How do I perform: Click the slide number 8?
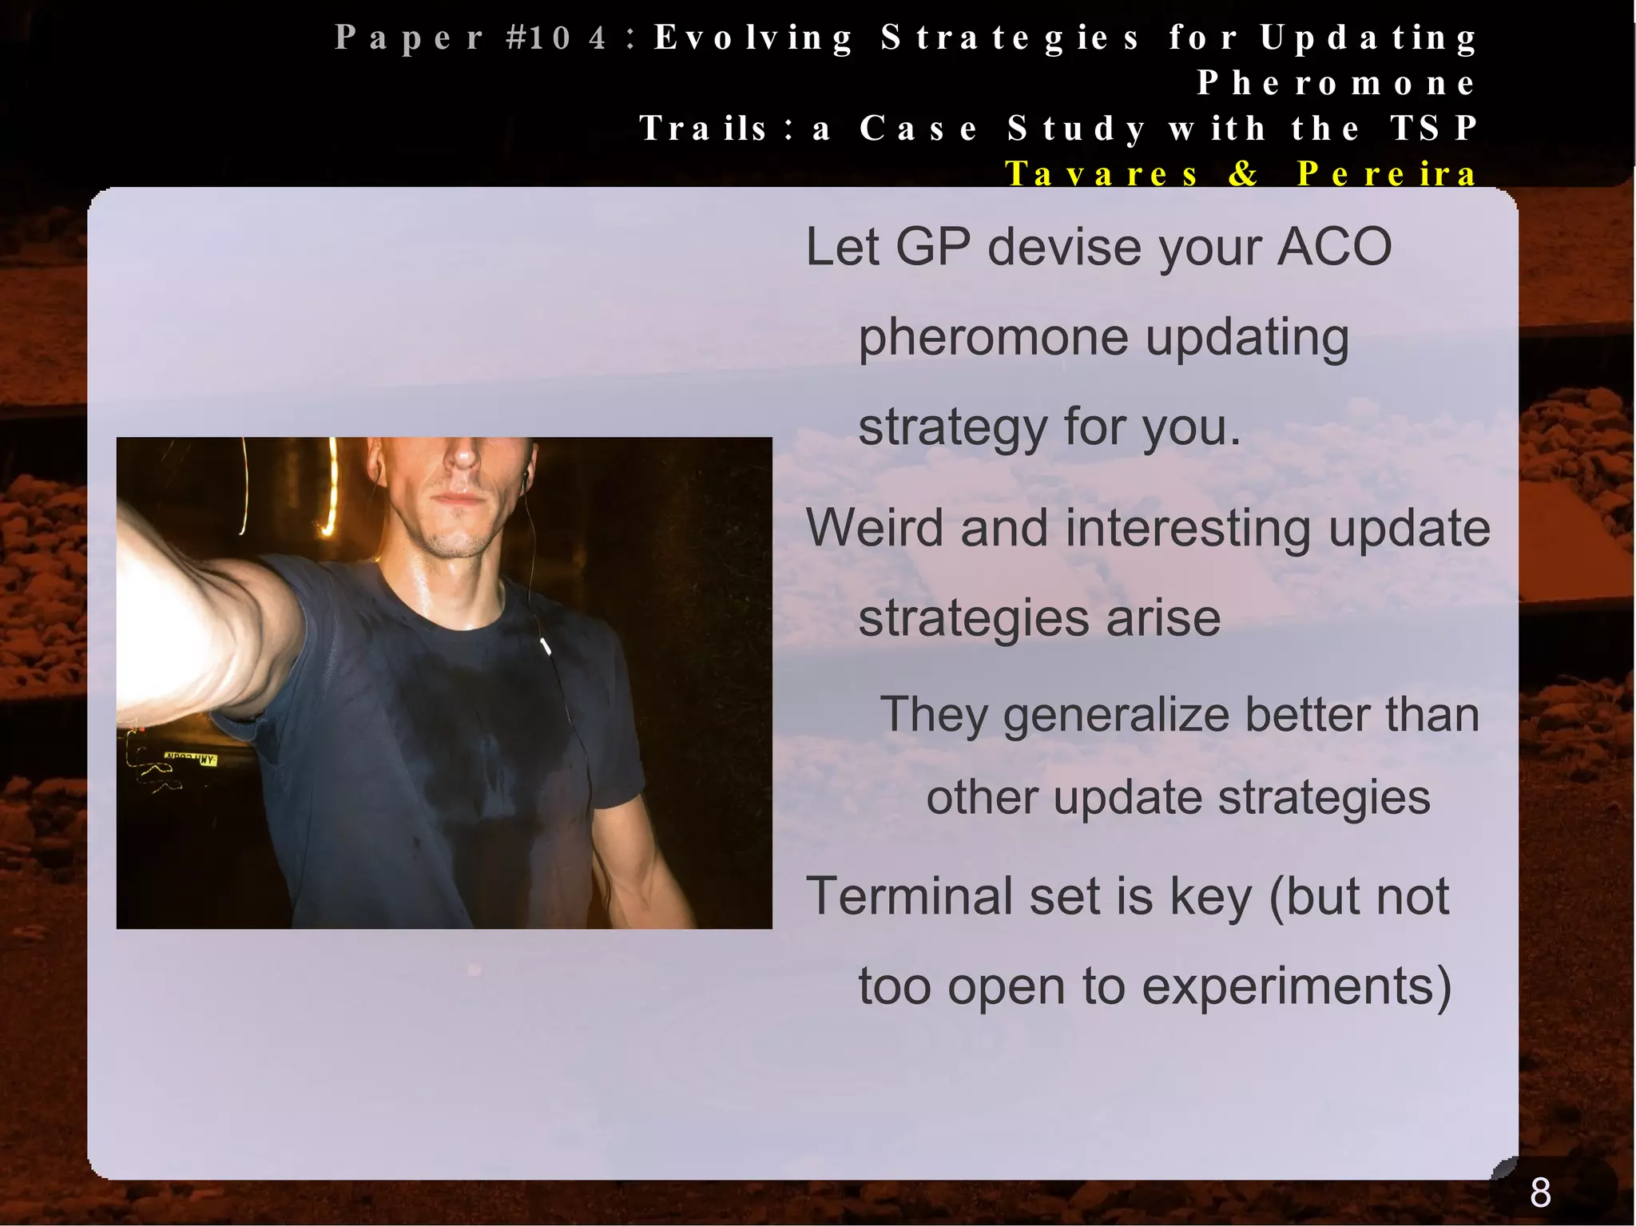(x=1540, y=1192)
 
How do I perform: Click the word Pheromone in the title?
(x=1336, y=83)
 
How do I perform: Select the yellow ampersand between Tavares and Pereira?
(x=1243, y=173)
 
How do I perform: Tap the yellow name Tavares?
(x=1102, y=173)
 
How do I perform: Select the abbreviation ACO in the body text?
(x=1335, y=247)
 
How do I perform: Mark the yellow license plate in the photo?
(x=190, y=758)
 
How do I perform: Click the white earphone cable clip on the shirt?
(x=546, y=645)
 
